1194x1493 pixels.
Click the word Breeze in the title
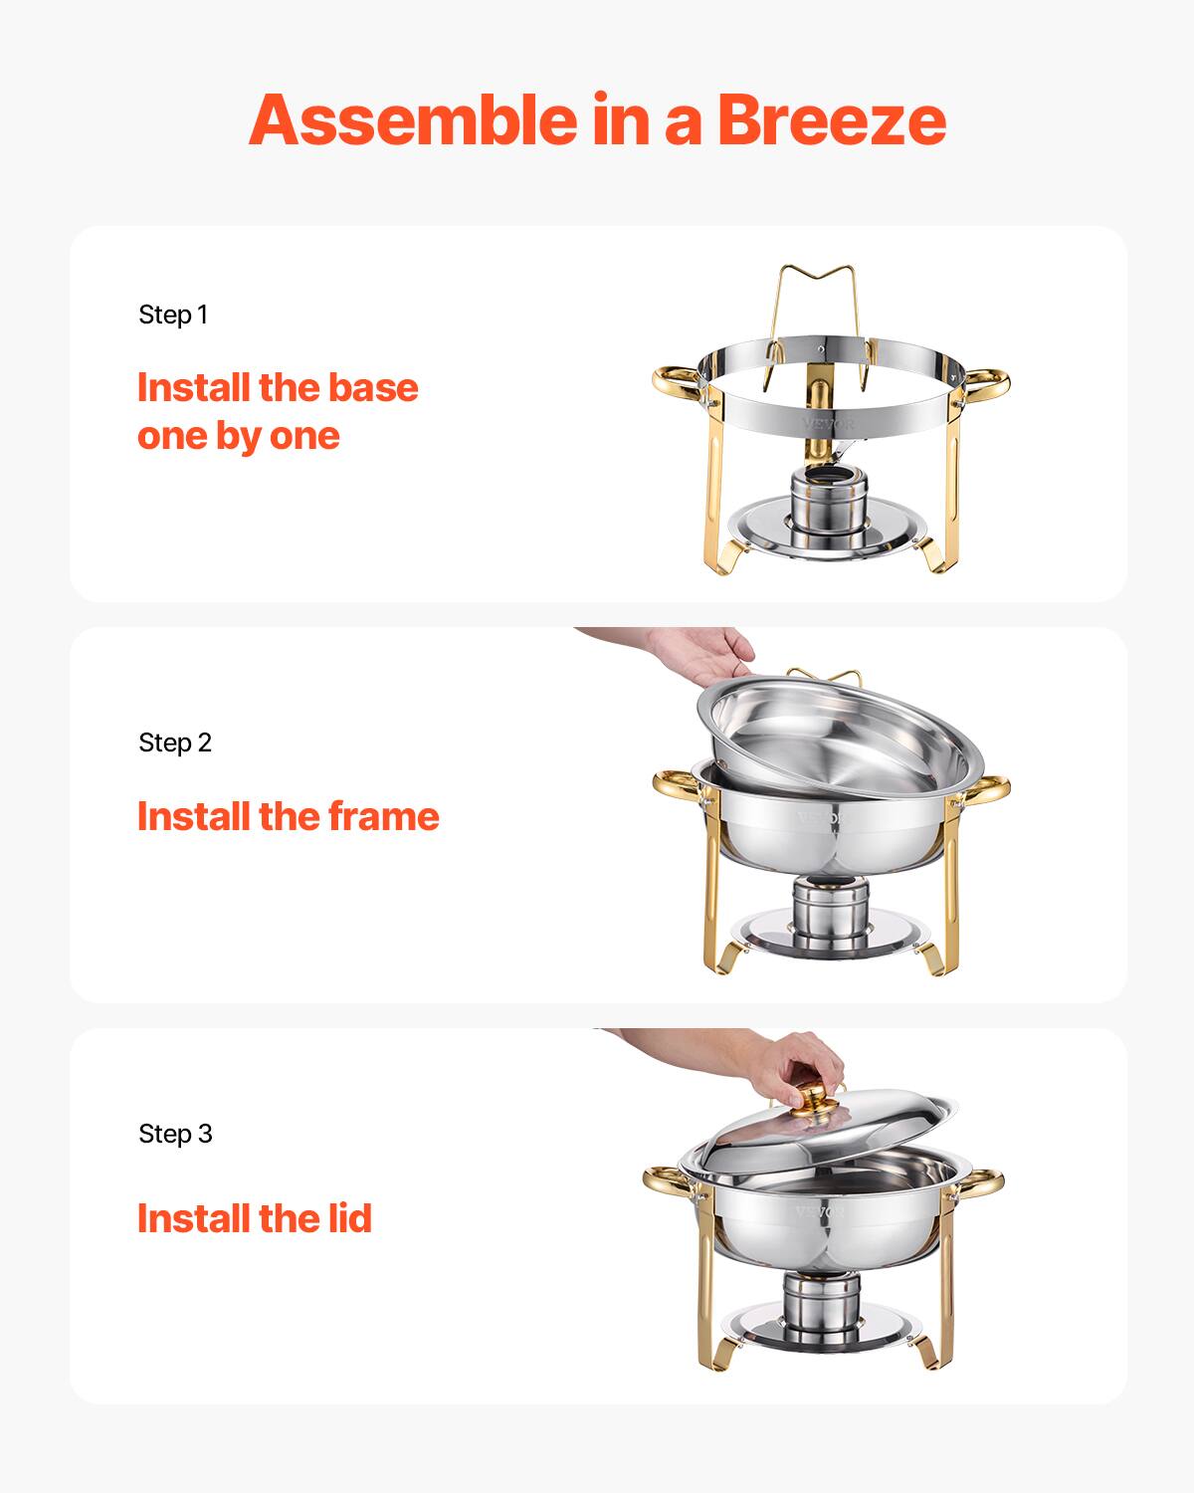[831, 119]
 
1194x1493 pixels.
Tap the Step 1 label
[173, 315]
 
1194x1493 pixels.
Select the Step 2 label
[175, 743]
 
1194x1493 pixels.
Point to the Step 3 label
[175, 1134]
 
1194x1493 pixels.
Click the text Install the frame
[288, 816]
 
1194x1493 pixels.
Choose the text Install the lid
[254, 1218]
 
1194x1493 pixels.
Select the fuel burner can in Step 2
[829, 913]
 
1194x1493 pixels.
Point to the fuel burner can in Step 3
[821, 1303]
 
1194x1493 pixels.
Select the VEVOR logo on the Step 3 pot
[819, 1211]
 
